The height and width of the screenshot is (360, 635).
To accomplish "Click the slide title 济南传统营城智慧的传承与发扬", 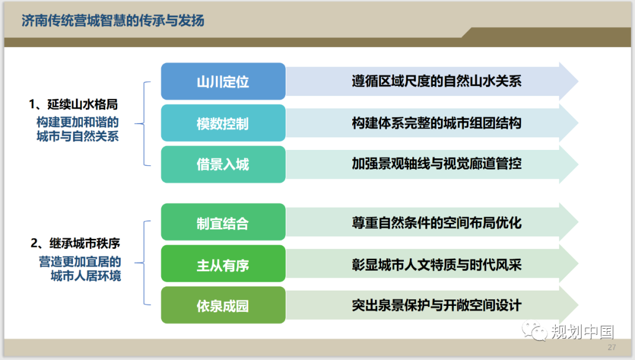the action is pyautogui.click(x=112, y=20).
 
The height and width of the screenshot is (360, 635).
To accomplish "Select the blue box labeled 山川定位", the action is pyautogui.click(x=223, y=81).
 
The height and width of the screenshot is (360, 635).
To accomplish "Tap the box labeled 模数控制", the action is pyautogui.click(x=223, y=123).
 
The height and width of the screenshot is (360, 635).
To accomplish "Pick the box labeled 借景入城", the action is pyautogui.click(x=223, y=164).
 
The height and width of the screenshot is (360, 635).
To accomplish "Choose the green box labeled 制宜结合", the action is pyautogui.click(x=223, y=222).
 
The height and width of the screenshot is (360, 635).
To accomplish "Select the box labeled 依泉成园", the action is pyautogui.click(x=223, y=305).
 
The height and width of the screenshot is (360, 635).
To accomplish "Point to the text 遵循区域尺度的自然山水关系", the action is pyautogui.click(x=436, y=81).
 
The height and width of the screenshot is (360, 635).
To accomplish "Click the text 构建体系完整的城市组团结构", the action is pyautogui.click(x=436, y=123).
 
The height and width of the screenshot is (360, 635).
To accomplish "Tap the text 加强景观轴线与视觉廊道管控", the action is pyautogui.click(x=436, y=164).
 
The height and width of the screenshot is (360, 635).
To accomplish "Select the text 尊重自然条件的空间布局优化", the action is pyautogui.click(x=436, y=223).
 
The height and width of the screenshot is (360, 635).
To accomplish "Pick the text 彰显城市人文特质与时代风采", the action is pyautogui.click(x=436, y=265).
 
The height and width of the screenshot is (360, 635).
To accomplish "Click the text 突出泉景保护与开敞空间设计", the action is pyautogui.click(x=436, y=305).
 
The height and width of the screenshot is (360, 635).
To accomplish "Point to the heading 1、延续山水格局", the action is pyautogui.click(x=73, y=105).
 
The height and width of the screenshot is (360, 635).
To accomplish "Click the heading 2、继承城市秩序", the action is pyautogui.click(x=75, y=244).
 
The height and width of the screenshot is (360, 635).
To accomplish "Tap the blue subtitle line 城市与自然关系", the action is pyautogui.click(x=78, y=136).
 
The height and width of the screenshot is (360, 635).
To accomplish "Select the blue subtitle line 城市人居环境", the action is pyautogui.click(x=86, y=276).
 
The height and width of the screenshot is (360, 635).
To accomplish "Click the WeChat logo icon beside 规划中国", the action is pyautogui.click(x=534, y=331).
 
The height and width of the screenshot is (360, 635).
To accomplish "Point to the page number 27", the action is pyautogui.click(x=612, y=348).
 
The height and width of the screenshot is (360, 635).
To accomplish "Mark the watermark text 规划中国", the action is pyautogui.click(x=583, y=332).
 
